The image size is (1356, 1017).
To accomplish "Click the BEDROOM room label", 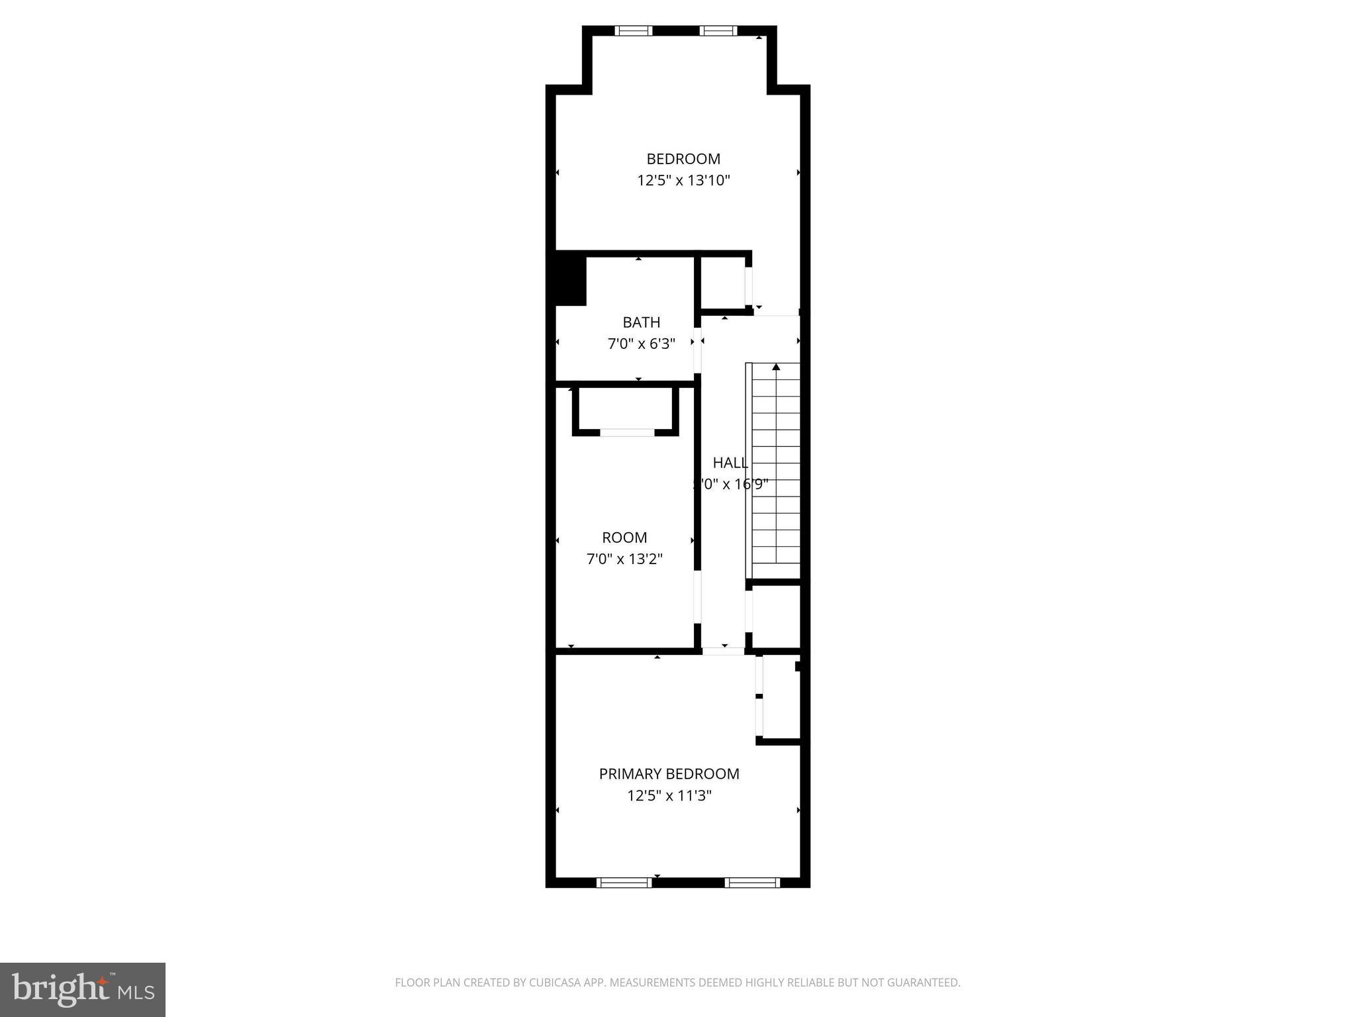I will (x=683, y=159).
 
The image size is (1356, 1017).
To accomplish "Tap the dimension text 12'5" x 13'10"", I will (x=683, y=180).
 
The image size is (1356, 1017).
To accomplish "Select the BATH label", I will (x=641, y=322).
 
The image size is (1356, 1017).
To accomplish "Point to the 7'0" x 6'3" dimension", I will (x=641, y=344).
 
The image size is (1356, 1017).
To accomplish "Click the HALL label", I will (x=730, y=463).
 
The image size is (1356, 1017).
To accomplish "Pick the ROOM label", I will (x=624, y=538).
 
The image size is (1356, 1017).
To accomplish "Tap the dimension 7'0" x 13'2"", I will (x=624, y=559).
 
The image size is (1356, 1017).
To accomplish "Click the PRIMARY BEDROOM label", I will (x=669, y=774).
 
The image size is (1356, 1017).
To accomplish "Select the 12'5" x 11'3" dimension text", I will (x=669, y=795).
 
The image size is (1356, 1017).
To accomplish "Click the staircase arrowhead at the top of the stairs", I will (x=776, y=366).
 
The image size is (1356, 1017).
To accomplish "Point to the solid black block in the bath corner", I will (x=570, y=281).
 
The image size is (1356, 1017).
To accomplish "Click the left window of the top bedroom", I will (x=633, y=30).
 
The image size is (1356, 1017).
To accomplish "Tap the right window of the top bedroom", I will (x=718, y=30).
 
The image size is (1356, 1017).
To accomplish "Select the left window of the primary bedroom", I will (x=624, y=882).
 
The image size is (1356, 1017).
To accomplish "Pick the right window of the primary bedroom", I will (x=752, y=882).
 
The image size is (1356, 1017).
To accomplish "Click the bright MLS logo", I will (x=82, y=989).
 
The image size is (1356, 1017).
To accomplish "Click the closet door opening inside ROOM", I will (x=626, y=433).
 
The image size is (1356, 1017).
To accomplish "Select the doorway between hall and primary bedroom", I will (x=724, y=651).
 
